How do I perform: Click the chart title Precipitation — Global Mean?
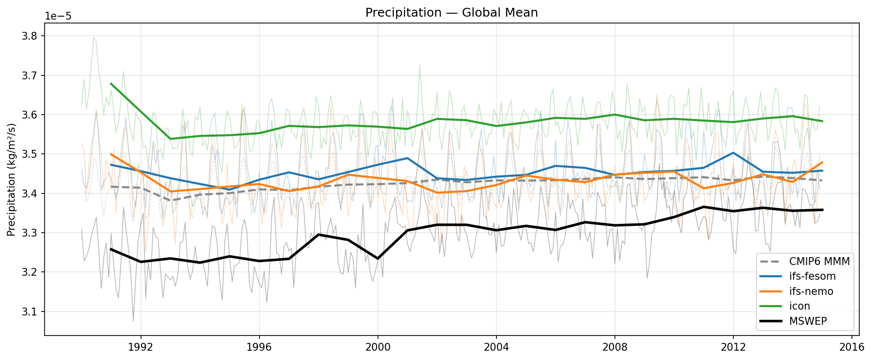451,13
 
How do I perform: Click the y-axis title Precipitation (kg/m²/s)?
12,180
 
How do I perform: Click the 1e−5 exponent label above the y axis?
58,16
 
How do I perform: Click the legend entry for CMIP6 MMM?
819,261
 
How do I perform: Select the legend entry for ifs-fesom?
812,276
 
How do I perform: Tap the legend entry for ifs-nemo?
811,291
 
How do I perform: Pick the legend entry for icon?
800,306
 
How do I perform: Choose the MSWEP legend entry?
808,321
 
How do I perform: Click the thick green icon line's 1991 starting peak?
111,84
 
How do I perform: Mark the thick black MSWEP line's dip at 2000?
377,258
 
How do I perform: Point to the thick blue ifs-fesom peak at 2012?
733,153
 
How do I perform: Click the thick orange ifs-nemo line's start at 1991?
111,154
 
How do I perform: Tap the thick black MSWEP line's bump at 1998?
318,235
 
